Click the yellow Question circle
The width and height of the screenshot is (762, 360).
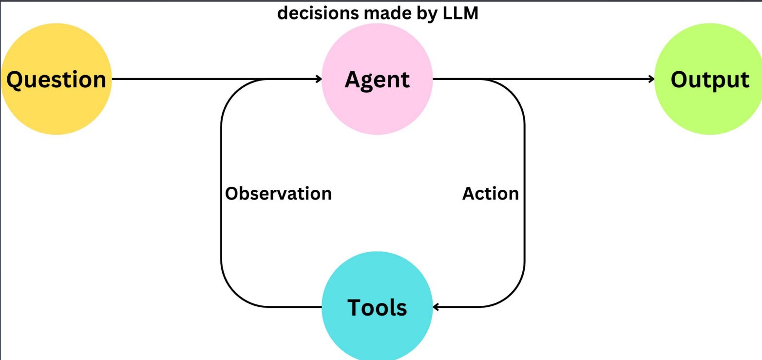click(57, 79)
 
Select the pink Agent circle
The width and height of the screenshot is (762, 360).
click(377, 79)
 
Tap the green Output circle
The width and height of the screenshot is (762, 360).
click(709, 79)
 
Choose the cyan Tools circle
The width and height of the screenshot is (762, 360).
click(377, 306)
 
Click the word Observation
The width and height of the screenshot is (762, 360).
click(278, 194)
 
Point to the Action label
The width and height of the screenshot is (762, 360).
click(491, 194)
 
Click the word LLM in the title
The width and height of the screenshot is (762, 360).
click(460, 13)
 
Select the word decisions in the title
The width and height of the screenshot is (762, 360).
click(318, 13)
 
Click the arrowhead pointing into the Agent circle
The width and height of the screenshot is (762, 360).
click(319, 79)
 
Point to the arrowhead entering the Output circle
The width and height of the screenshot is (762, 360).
click(651, 79)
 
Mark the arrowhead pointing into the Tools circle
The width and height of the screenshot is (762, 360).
click(436, 307)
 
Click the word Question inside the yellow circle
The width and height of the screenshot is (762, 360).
click(57, 80)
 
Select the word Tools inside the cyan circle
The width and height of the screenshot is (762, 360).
click(377, 307)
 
